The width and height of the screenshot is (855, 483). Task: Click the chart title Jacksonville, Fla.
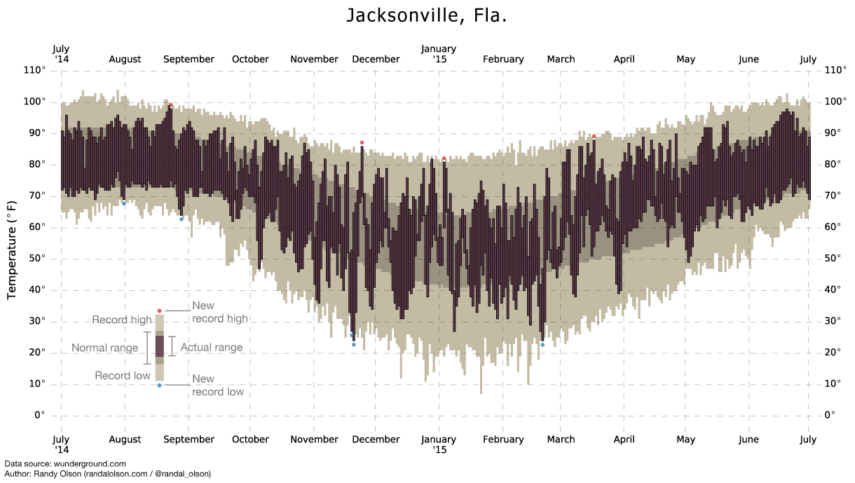(x=427, y=16)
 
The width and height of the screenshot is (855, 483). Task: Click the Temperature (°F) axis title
(x=12, y=250)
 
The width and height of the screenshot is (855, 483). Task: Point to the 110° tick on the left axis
(x=35, y=70)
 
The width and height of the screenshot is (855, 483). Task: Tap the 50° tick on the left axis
(x=37, y=259)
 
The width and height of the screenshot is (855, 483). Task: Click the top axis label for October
(x=250, y=60)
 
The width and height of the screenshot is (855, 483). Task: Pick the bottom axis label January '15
(x=439, y=444)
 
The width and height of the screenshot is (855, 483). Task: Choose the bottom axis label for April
(x=624, y=440)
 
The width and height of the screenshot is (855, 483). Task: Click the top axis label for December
(x=376, y=60)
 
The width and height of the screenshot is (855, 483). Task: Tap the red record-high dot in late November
(x=362, y=142)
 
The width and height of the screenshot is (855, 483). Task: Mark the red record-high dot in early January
(x=444, y=158)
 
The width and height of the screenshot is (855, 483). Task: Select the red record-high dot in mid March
(x=594, y=137)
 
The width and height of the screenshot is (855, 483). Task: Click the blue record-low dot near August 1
(x=124, y=203)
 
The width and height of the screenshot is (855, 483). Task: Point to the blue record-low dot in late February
(x=542, y=344)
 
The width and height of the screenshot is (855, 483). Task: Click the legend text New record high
(x=219, y=312)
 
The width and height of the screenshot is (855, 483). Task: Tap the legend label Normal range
(x=104, y=348)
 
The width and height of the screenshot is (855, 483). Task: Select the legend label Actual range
(x=212, y=348)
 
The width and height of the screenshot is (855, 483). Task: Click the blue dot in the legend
(x=159, y=385)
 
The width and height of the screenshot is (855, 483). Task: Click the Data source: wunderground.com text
(x=65, y=464)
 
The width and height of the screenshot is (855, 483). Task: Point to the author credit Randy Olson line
(x=107, y=474)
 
